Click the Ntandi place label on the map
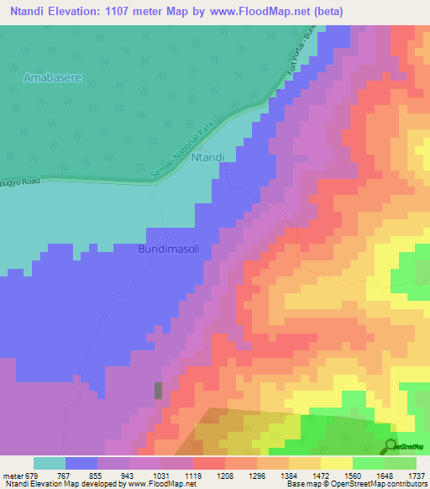click(207, 156)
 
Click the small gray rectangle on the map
click(158, 390)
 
